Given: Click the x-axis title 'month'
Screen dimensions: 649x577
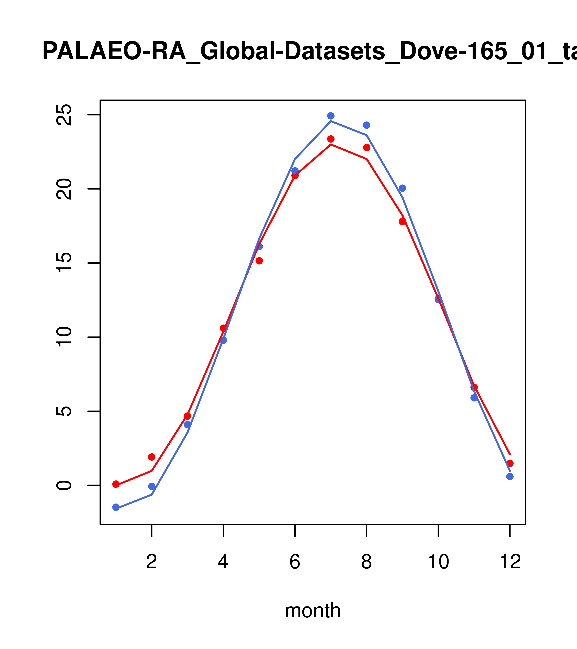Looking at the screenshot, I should (313, 611).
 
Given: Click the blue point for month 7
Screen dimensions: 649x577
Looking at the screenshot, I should (331, 116).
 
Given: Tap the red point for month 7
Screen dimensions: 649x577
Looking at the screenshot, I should (331, 139).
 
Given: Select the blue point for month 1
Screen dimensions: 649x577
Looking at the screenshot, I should (116, 507).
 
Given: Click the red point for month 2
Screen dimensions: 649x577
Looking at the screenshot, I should (152, 457).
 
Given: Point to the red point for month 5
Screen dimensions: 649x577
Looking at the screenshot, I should (259, 261).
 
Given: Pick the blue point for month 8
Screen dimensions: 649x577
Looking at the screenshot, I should (366, 125).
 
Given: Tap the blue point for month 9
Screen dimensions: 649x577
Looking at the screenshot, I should (402, 188).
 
